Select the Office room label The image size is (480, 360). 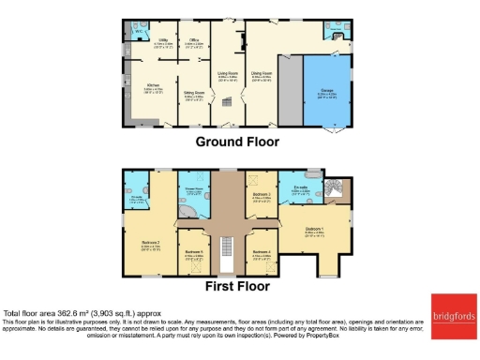(x=194, y=40)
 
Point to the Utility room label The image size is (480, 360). (x=162, y=40)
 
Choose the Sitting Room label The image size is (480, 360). (x=194, y=94)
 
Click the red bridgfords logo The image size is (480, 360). (x=452, y=312)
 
